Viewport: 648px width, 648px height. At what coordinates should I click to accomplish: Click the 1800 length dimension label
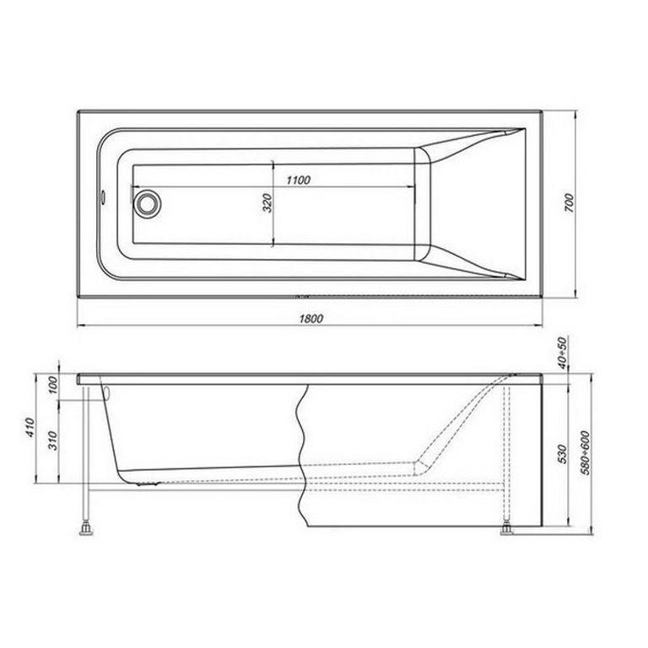[311, 318]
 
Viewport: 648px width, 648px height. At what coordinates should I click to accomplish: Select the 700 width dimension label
[569, 202]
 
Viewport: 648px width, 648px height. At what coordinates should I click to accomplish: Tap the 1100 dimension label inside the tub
[298, 180]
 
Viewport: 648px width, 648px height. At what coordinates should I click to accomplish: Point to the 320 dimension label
[267, 202]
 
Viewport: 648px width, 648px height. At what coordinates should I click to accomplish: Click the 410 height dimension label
[30, 428]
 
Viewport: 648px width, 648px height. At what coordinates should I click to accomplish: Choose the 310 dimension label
[52, 440]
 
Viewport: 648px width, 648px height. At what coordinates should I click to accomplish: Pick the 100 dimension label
[53, 385]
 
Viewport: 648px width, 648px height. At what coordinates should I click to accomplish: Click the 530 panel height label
[562, 454]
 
